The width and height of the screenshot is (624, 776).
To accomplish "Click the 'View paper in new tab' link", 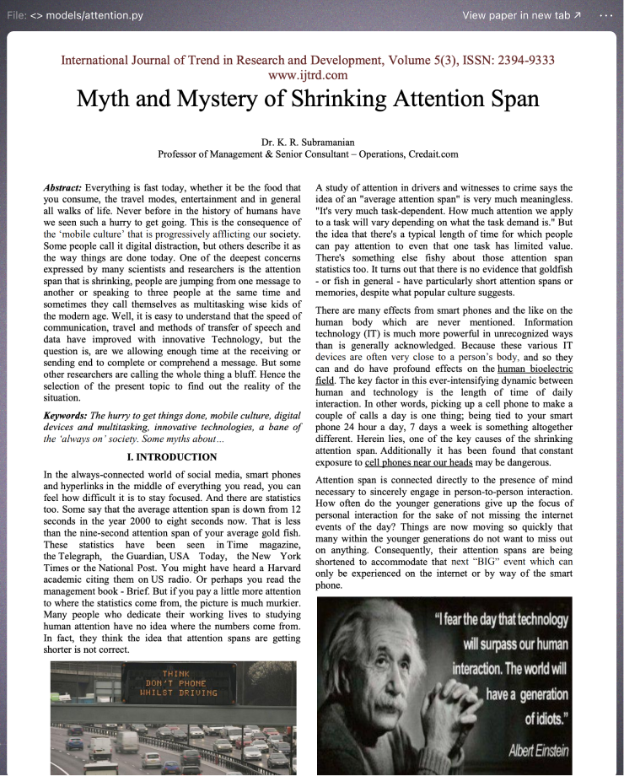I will (x=521, y=15).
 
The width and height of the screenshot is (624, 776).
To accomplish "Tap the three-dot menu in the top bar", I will (x=606, y=15).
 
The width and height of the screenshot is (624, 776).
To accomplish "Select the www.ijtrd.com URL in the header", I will (x=307, y=75).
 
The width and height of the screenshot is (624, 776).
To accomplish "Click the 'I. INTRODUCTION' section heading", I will (x=172, y=457).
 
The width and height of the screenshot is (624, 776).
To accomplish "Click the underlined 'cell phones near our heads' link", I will (x=418, y=463).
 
